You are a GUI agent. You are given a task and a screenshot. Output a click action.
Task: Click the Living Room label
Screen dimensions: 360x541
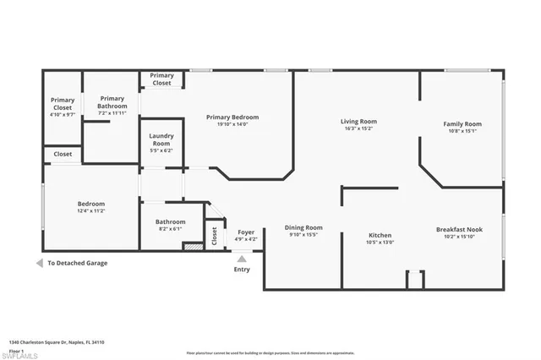(358, 122)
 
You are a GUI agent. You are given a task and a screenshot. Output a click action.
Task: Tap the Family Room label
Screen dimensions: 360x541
(462, 124)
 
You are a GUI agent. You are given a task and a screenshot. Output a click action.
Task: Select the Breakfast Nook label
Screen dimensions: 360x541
(459, 229)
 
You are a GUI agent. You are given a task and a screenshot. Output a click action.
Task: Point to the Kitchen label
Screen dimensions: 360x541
(380, 235)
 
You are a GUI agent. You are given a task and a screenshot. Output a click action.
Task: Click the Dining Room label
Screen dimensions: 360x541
(303, 227)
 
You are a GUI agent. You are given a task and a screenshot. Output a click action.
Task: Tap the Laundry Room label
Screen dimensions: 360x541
(161, 139)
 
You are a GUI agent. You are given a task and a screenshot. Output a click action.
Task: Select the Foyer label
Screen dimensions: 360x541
(246, 232)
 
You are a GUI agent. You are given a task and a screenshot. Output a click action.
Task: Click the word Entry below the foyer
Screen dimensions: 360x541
(242, 270)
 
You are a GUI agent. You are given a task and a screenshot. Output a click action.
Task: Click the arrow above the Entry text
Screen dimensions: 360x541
(242, 258)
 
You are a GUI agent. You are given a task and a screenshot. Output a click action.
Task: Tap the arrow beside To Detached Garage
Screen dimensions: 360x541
(38, 263)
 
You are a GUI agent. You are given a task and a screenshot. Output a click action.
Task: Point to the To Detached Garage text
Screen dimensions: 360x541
(77, 263)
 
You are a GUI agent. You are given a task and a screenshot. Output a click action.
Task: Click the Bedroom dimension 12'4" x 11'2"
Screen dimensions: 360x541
(91, 210)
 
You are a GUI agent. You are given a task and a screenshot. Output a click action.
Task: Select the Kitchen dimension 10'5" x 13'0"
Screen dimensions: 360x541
(380, 242)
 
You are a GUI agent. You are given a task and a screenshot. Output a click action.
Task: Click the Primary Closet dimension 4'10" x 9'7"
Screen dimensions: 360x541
(63, 113)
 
